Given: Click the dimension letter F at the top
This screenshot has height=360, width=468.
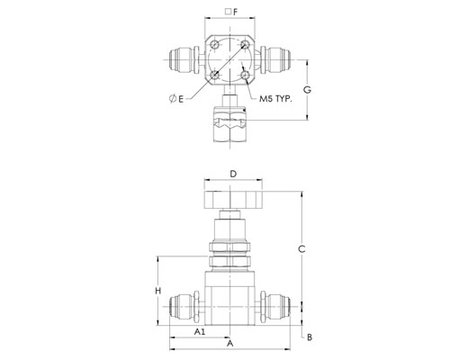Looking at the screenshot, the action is tap(235, 12).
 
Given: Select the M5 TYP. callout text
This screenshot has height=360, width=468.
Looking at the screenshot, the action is tap(275, 99).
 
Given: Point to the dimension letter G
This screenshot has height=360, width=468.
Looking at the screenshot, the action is tap(307, 90).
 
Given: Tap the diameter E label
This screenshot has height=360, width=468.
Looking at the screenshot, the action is tap(176, 98).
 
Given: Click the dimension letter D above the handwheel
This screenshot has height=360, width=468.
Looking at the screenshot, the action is tap(233, 174).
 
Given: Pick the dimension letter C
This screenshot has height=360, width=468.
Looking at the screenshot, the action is tap(301, 249).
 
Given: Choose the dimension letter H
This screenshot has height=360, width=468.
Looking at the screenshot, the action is tap(158, 291).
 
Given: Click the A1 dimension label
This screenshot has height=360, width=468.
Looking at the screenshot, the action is tap(200, 331).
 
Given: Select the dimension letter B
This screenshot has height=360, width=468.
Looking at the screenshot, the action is tap(310, 337).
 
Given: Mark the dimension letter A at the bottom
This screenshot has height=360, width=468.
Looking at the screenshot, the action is tap(229, 343).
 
